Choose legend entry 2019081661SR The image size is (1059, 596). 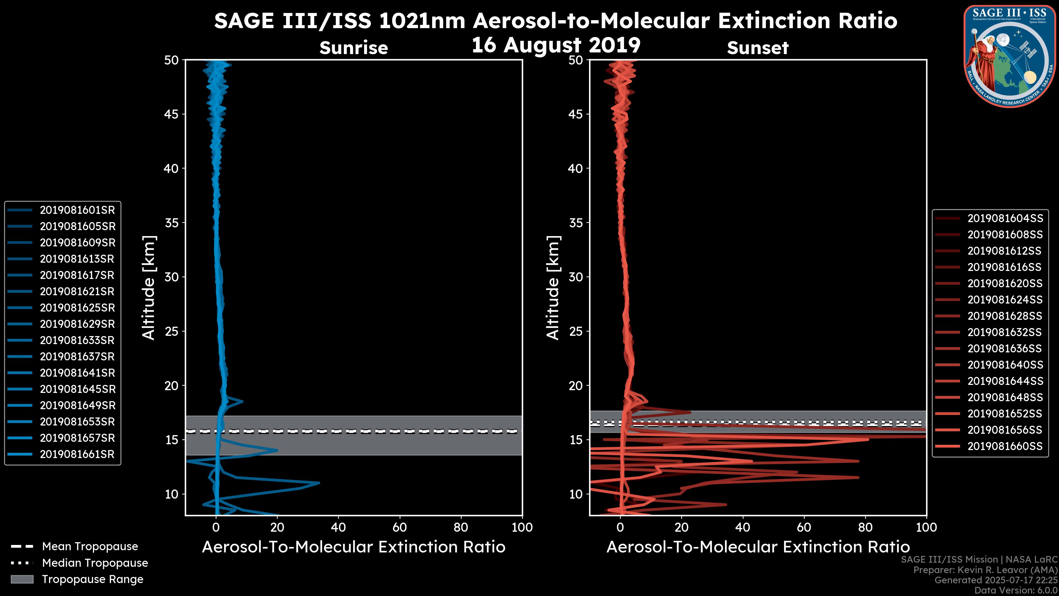click(77, 454)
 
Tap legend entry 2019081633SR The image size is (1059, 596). click(77, 340)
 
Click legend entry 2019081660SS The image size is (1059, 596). click(1005, 446)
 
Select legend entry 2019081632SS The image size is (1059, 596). click(1005, 332)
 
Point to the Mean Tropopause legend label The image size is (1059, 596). click(90, 547)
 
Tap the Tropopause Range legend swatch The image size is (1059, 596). click(22, 579)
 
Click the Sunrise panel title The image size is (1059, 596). click(354, 48)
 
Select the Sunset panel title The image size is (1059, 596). click(758, 48)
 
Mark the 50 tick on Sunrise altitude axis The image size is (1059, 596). click(172, 60)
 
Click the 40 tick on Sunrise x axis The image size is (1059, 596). click(338, 527)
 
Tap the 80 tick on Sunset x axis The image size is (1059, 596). click(865, 527)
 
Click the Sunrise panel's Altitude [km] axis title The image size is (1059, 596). click(149, 288)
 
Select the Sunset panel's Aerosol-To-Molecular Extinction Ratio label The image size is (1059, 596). click(758, 547)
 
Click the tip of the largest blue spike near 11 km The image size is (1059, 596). click(319, 483)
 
